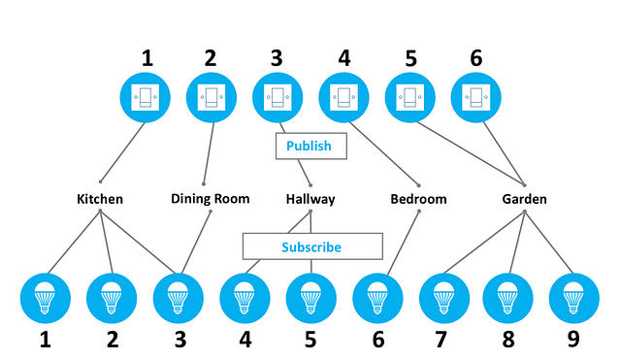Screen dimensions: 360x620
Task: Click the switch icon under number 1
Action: (146, 98)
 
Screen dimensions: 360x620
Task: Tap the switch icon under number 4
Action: (343, 98)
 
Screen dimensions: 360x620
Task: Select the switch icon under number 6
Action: (476, 98)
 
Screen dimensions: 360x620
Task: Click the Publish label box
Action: (309, 146)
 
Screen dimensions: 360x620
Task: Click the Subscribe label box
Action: (310, 246)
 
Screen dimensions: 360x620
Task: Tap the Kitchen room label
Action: (100, 199)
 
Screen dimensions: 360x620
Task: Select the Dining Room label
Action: (211, 199)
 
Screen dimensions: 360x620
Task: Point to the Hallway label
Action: (310, 199)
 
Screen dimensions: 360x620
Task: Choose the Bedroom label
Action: (418, 199)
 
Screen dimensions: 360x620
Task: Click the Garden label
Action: (524, 199)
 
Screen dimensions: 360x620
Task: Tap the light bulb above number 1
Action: (46, 298)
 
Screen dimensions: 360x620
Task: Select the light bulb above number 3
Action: (178, 298)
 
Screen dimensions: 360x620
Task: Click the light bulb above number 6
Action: (376, 298)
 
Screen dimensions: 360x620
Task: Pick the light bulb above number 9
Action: (574, 298)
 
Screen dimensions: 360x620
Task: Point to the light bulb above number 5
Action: (310, 298)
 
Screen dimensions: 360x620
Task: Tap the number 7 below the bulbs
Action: (442, 340)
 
